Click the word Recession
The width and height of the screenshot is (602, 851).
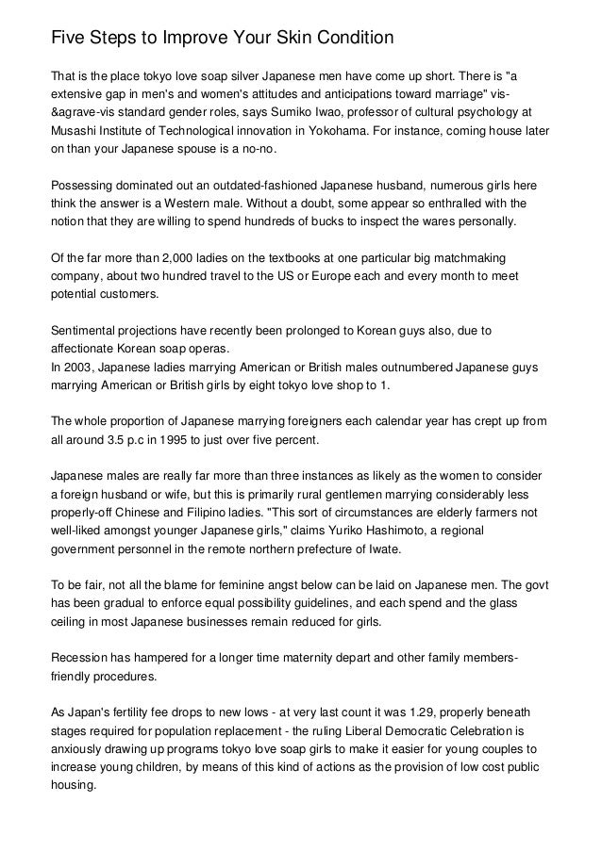tap(83, 657)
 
